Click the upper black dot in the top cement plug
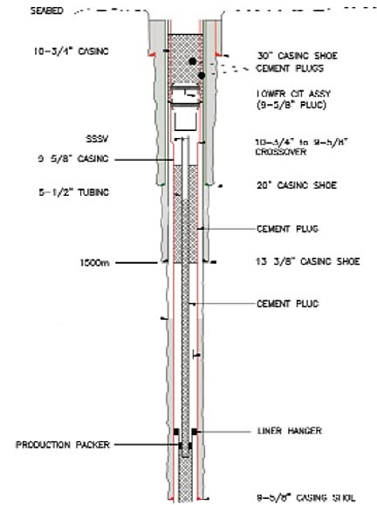click(190, 60)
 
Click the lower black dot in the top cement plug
click(202, 76)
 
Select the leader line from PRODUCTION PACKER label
click(147, 445)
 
